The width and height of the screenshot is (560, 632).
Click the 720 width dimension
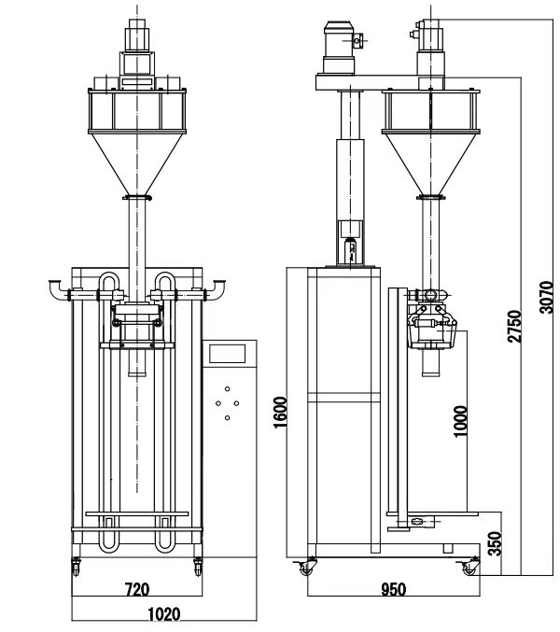click(137, 590)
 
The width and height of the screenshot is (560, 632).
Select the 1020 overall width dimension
click(164, 614)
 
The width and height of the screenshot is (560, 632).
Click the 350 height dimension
click(497, 541)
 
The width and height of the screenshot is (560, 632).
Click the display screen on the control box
click(228, 354)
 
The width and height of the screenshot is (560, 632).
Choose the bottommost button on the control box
click(227, 418)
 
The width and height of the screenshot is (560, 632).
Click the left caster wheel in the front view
click(76, 564)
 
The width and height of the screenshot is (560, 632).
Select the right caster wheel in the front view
click(198, 564)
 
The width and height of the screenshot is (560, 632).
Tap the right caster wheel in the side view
click(464, 567)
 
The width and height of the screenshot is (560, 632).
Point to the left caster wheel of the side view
click(305, 567)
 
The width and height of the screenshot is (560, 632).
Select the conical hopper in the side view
click(430, 162)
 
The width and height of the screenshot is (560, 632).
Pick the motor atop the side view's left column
click(341, 47)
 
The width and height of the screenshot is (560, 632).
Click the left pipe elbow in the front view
click(57, 288)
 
